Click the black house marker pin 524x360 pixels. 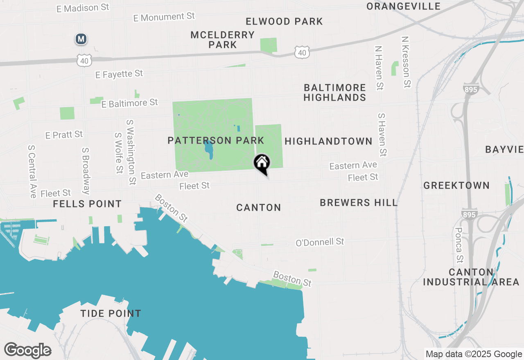tap(262, 163)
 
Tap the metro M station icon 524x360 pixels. tap(81, 39)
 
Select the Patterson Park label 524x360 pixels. tap(216, 141)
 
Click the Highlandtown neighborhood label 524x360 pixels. tap(328, 142)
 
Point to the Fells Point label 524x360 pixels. tap(87, 204)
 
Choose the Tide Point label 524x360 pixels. tap(111, 314)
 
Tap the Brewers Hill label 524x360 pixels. tap(359, 203)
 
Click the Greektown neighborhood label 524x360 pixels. tap(456, 186)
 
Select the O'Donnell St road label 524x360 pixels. tap(320, 242)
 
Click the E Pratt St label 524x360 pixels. tap(64, 135)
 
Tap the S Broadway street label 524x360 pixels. tap(86, 171)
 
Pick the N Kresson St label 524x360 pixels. tap(406, 62)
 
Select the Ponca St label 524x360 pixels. tap(459, 245)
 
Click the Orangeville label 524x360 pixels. tap(403, 7)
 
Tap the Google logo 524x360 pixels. tap(27, 351)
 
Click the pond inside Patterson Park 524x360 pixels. tap(209, 149)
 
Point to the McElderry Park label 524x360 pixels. tap(223, 40)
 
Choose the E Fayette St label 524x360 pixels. tap(119, 74)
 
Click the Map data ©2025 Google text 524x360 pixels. tap(474, 354)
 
